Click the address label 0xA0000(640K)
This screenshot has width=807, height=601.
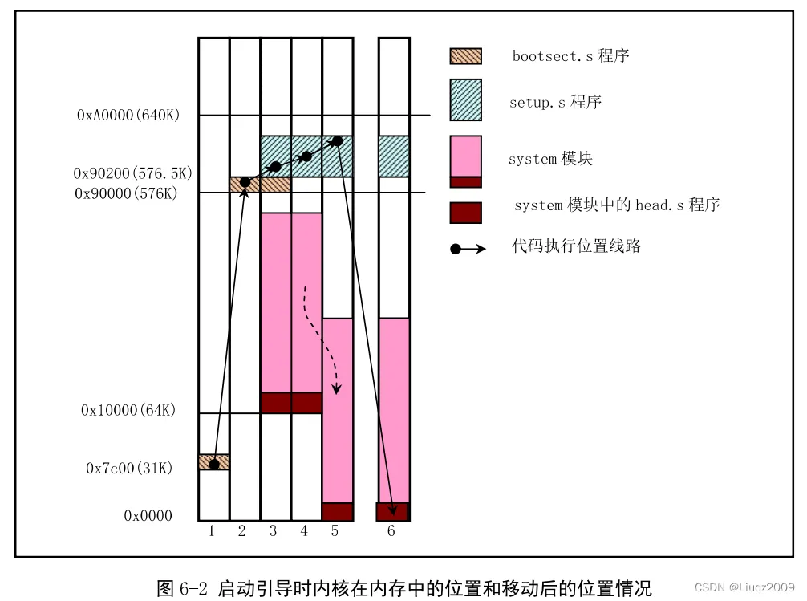[x=128, y=116]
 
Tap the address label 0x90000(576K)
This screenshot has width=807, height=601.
[x=126, y=193]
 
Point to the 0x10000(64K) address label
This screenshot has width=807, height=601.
[x=128, y=410]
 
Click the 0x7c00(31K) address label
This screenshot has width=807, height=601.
[x=129, y=468]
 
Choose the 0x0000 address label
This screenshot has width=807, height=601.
[x=148, y=516]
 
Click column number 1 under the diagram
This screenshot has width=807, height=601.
[x=211, y=530]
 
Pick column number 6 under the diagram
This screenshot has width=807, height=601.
[x=391, y=530]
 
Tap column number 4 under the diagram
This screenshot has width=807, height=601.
[x=303, y=530]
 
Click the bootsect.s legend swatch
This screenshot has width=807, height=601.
[x=465, y=56]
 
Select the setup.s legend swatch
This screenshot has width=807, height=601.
[x=465, y=99]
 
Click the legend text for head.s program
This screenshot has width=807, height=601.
[x=617, y=205]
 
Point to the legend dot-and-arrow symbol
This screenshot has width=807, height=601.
[x=468, y=249]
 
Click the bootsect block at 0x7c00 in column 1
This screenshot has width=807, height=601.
[x=214, y=462]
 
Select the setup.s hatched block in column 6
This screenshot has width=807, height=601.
[x=394, y=156]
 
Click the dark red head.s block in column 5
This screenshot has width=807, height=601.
[x=338, y=512]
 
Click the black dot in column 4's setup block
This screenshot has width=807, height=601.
[x=306, y=155]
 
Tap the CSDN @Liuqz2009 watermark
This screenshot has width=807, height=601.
[x=745, y=587]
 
